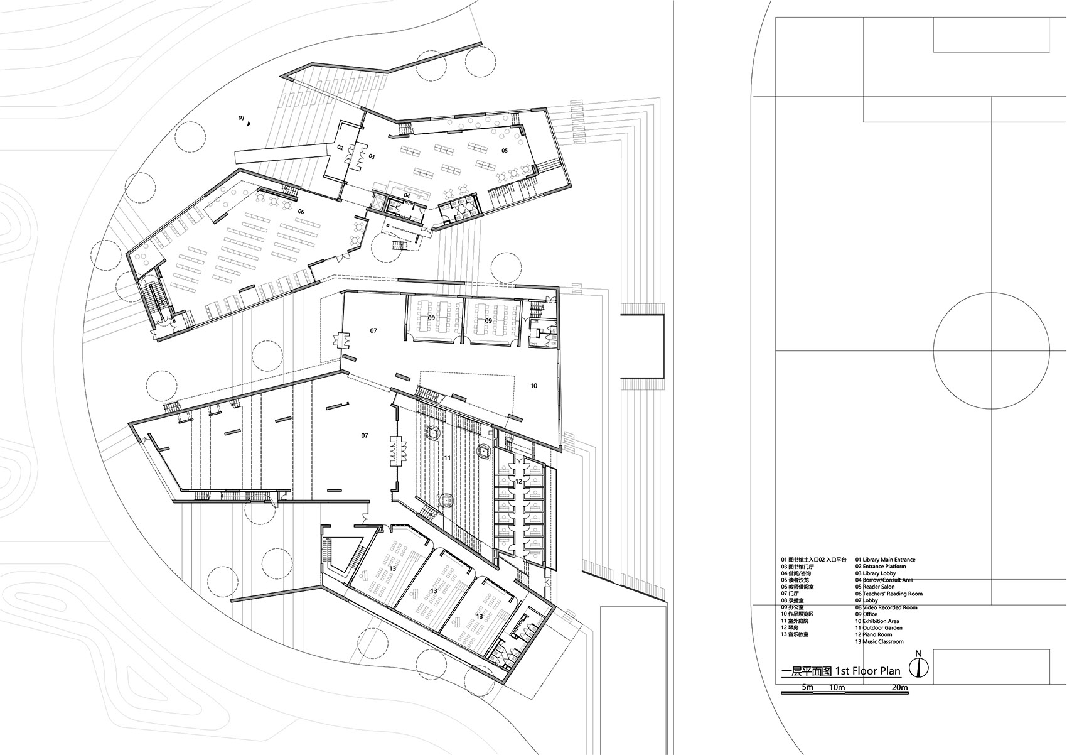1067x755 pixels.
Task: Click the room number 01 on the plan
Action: [x=240, y=118]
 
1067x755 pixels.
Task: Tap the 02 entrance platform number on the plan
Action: [x=340, y=148]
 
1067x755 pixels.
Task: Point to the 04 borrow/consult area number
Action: [x=406, y=195]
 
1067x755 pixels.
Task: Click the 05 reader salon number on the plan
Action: [x=504, y=150]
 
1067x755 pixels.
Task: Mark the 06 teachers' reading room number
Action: [x=301, y=212]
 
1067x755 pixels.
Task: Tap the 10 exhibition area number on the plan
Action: [x=533, y=386]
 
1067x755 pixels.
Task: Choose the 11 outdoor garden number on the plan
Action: [x=447, y=458]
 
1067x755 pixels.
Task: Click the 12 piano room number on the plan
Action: [x=518, y=481]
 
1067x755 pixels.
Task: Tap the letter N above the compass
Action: [x=919, y=653]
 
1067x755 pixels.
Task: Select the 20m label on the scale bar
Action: [x=899, y=688]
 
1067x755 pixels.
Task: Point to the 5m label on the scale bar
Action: [x=807, y=688]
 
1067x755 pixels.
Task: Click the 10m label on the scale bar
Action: [x=837, y=688]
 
